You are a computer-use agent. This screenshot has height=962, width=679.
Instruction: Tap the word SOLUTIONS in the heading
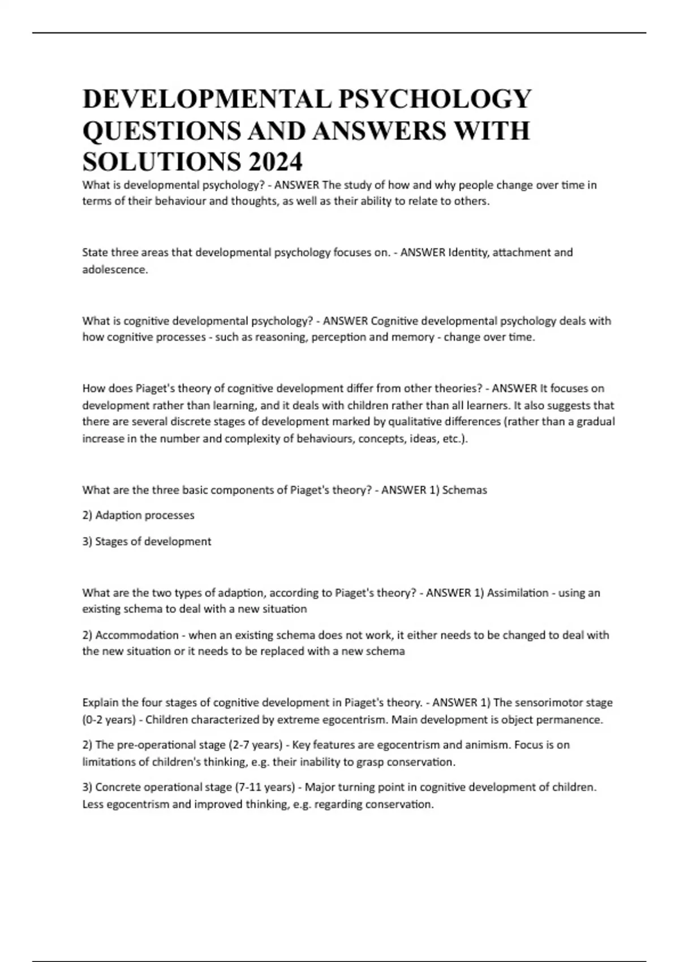[160, 162]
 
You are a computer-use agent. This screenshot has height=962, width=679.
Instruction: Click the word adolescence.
[115, 270]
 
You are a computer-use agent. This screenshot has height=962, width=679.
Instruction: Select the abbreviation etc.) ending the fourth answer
[455, 439]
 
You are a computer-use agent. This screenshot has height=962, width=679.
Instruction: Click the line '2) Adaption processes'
[138, 516]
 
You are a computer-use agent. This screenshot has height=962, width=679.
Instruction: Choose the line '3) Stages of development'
[147, 542]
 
